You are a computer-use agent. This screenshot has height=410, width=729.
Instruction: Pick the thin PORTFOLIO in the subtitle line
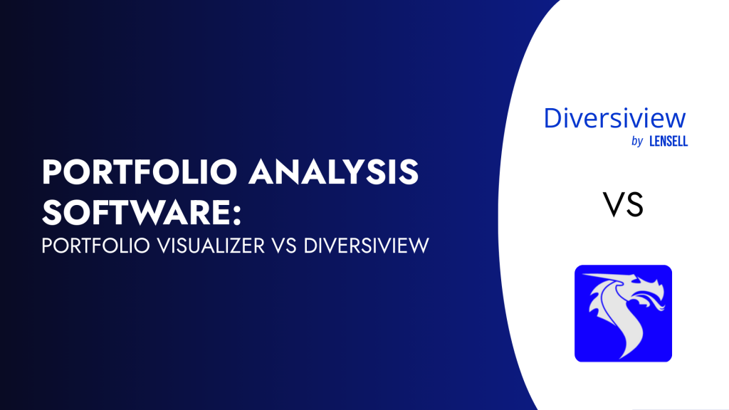pos(92,246)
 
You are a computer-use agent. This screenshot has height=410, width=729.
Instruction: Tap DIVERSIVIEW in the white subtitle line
pos(367,246)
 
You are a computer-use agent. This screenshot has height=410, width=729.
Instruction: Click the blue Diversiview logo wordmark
pos(614,118)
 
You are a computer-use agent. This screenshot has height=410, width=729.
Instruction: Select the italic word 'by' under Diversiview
pos(637,142)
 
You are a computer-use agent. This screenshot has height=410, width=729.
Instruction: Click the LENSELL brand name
pos(668,141)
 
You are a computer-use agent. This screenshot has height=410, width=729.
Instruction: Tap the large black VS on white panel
pos(624,205)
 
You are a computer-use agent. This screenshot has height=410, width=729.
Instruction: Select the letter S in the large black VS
pos(634,205)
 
